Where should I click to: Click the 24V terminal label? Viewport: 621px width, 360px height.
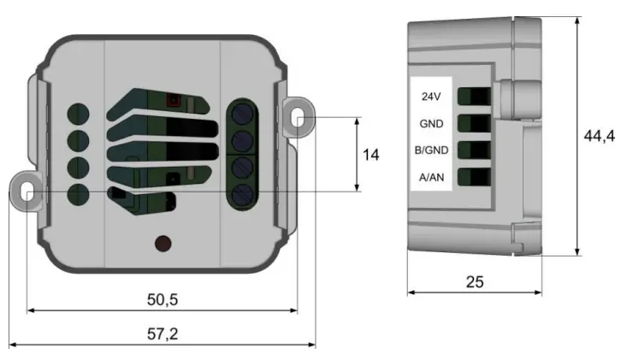(431, 97)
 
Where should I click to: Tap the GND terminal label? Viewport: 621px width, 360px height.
(431, 123)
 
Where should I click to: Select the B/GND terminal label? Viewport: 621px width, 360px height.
(431, 150)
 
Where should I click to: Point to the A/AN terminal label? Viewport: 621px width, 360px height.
(431, 178)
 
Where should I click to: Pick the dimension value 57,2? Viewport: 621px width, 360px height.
(162, 334)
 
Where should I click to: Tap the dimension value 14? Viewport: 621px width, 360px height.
(370, 155)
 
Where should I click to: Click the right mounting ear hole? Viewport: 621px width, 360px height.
(297, 119)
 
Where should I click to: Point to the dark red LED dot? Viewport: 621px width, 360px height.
(161, 245)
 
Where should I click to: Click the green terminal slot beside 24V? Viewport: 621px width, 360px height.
(474, 96)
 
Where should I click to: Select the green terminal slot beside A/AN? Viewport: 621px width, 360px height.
(474, 178)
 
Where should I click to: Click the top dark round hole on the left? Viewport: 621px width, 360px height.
(79, 114)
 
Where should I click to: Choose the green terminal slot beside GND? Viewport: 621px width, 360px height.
(474, 123)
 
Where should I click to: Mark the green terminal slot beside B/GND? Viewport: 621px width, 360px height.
(474, 150)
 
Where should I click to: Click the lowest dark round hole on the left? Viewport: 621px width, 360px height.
(79, 193)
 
